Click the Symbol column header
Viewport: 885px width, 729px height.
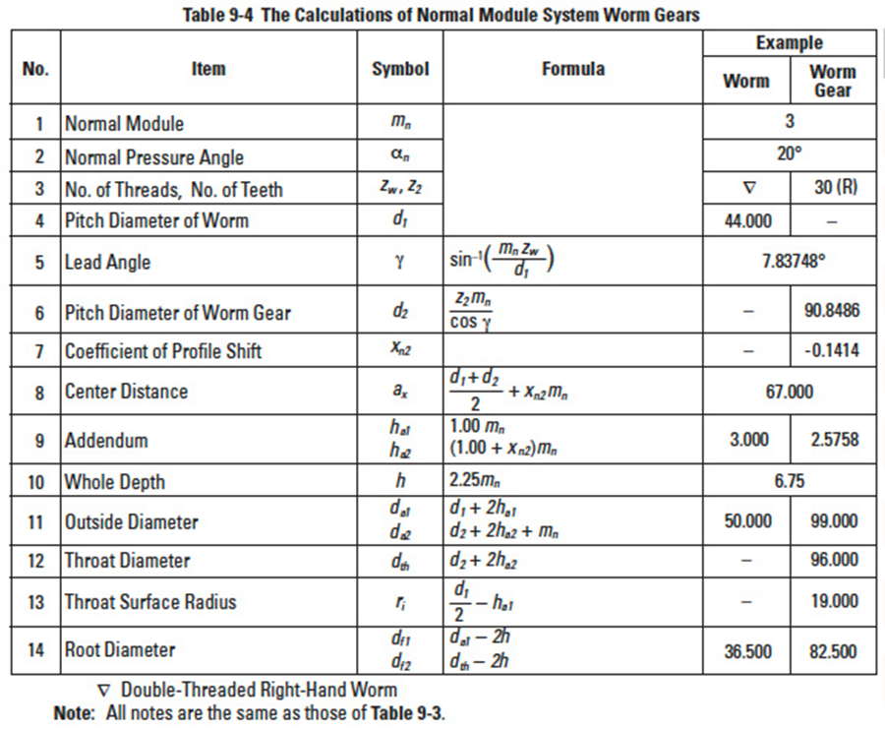400,69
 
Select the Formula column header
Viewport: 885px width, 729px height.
573,69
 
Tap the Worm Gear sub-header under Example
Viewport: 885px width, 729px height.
832,81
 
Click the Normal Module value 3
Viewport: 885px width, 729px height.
790,122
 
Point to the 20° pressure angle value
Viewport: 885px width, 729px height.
790,154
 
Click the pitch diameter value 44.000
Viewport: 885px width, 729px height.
747,220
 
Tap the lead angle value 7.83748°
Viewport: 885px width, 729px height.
790,263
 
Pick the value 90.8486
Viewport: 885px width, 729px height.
832,312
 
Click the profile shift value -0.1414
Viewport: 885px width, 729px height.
832,351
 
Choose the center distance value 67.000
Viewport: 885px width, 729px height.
790,392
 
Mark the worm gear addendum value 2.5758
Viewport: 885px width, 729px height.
832,440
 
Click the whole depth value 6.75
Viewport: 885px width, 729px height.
790,482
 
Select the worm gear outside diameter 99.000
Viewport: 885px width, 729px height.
832,521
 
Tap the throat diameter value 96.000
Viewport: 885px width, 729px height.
832,560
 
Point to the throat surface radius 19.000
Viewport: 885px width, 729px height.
832,601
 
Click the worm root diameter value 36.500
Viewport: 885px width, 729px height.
747,651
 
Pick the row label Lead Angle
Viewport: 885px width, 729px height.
108,263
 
